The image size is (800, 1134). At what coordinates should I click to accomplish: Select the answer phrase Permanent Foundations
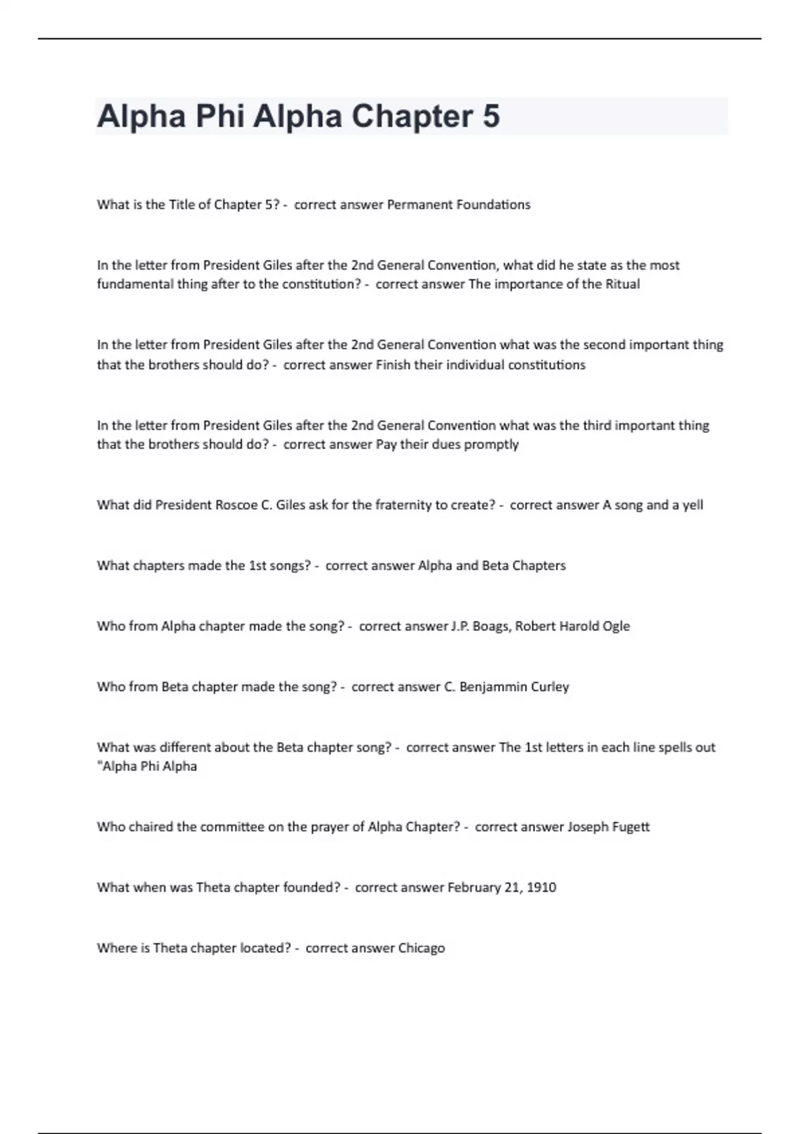coord(459,205)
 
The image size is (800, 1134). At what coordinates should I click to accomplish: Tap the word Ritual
coord(622,284)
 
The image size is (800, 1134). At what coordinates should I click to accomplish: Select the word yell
coord(693,505)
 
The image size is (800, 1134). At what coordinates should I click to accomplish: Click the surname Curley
coord(550,687)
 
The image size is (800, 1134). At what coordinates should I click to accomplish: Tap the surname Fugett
coord(631,827)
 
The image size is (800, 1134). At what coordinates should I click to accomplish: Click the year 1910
coord(541,888)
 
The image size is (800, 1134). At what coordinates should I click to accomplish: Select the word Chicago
coord(421,949)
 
